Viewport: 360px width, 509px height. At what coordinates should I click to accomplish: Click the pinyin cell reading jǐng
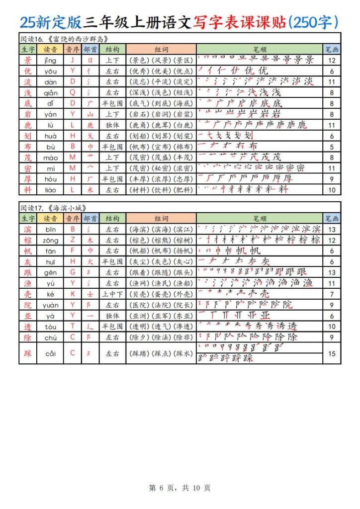(50, 60)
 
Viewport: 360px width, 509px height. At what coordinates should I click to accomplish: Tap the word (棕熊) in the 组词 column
(161, 240)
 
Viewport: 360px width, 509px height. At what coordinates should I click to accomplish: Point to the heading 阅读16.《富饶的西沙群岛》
(64, 39)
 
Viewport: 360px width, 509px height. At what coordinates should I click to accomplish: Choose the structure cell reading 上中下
(112, 294)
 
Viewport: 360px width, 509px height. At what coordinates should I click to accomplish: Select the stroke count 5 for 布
(332, 147)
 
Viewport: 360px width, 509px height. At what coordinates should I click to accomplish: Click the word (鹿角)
(139, 125)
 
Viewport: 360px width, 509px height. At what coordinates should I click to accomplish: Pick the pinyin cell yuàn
(50, 305)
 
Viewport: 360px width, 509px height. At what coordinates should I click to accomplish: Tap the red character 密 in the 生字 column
(27, 168)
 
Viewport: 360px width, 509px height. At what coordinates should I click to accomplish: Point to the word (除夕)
(139, 337)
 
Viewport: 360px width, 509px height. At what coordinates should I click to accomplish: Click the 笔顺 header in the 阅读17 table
(260, 218)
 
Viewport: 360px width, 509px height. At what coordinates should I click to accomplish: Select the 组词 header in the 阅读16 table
(161, 49)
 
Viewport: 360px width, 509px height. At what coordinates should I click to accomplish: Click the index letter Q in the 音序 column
(73, 93)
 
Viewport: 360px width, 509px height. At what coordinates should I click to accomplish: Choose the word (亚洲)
(139, 316)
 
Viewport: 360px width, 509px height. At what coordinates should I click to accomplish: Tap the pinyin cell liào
(50, 190)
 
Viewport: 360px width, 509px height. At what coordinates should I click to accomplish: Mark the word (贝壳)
(139, 294)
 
